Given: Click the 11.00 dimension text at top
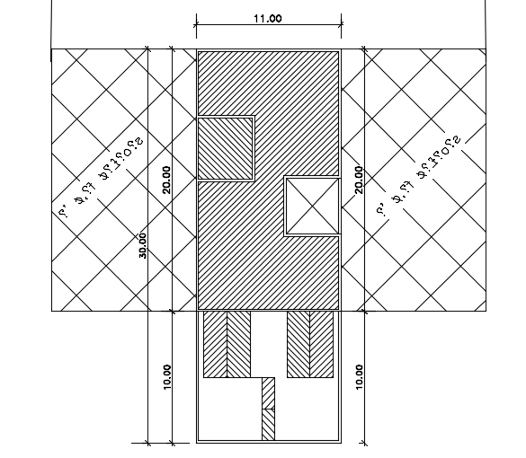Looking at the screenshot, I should [x=267, y=18].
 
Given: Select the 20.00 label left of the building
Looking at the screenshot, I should [x=165, y=180].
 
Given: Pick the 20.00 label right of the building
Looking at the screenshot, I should [x=359, y=180].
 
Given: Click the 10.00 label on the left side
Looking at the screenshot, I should [x=166, y=376].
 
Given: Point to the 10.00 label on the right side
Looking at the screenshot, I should [x=360, y=376].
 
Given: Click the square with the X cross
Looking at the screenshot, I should [x=312, y=207].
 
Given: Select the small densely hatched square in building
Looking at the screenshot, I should [x=226, y=147].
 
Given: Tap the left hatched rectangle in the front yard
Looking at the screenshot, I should [x=227, y=344].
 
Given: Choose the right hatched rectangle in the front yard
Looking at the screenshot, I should [x=309, y=344].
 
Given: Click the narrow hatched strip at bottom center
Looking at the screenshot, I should [x=268, y=409].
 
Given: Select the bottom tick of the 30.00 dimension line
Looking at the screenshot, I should [x=147, y=443].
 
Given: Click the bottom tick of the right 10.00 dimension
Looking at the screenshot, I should [x=364, y=443].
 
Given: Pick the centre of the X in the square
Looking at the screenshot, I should [x=312, y=207].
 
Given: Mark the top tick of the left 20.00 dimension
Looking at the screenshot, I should [x=172, y=48].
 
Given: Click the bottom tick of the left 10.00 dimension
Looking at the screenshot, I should [x=172, y=443].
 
